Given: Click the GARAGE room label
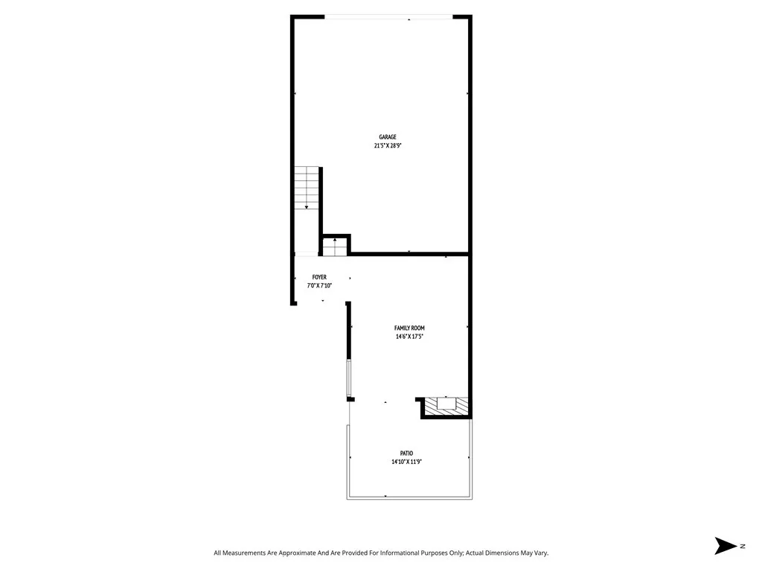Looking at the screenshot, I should click(388, 137).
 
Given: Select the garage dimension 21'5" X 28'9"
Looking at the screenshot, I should click(388, 146).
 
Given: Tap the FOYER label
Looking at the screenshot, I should click(319, 277).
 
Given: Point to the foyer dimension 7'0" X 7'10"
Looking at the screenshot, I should click(319, 286).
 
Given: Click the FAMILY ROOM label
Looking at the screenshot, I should click(409, 328).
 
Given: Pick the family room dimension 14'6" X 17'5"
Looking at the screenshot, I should click(409, 337).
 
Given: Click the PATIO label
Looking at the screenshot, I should click(406, 454).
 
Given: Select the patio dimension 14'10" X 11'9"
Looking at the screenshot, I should click(407, 463).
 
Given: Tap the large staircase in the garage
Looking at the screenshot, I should click(307, 188).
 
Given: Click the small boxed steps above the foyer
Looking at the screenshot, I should click(335, 246).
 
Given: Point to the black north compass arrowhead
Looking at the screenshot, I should click(725, 546).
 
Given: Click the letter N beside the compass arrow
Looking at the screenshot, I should click(743, 547).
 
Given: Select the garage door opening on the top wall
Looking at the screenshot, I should click(388, 17).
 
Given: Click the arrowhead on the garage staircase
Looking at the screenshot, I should click(307, 207).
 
